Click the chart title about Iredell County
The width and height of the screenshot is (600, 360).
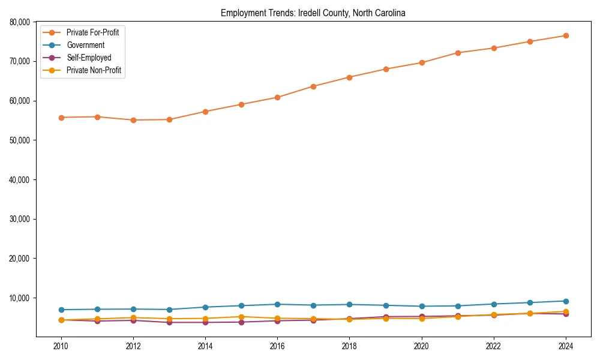point(313,13)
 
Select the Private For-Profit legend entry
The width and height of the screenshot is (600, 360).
point(92,32)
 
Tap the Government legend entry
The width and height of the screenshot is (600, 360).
point(85,45)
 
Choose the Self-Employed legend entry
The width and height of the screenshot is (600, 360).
point(89,58)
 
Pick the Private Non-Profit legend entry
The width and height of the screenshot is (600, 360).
point(94,71)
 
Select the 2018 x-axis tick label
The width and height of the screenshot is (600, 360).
point(349,346)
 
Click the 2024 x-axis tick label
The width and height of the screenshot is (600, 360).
point(565,346)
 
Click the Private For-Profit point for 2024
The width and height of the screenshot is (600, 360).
point(565,35)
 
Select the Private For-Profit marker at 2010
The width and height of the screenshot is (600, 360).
point(61,118)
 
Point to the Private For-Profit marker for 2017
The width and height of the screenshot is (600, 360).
point(313,86)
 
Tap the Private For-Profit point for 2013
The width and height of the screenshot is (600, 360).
point(169,119)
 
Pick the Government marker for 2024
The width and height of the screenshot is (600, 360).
point(565,301)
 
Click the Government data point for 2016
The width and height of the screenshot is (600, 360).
point(277,304)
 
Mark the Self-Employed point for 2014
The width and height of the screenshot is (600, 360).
point(205,322)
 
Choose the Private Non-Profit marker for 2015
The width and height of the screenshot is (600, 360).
point(241,317)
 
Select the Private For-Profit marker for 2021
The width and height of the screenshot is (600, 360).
point(457,53)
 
